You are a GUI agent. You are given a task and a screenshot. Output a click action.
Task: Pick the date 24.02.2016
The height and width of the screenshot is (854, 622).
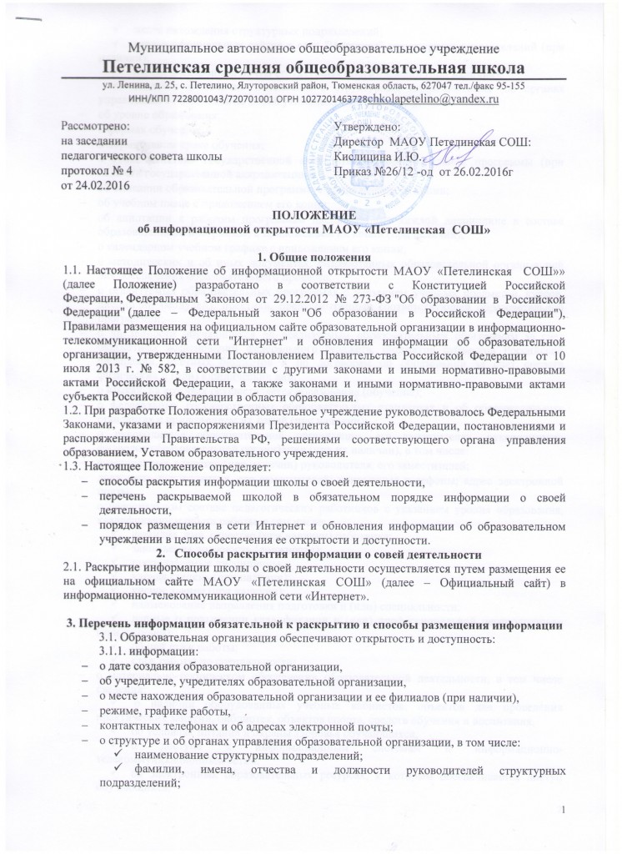pyautogui.click(x=91, y=183)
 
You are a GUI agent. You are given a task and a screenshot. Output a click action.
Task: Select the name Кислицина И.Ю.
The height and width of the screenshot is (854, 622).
pyautogui.click(x=374, y=156)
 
